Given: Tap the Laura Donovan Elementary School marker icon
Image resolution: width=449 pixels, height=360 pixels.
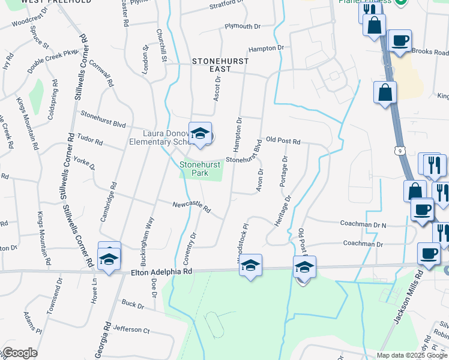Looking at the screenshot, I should pos(200,134).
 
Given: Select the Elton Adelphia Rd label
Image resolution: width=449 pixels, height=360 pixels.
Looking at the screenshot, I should pos(161,272).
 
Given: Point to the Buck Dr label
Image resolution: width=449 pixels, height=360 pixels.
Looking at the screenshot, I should pos(133,305).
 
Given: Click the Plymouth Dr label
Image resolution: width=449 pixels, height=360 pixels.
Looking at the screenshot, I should pos(243,26).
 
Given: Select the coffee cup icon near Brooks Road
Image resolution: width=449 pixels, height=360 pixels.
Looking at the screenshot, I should pos(399,41).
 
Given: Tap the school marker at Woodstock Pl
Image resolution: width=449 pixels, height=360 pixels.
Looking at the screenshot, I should pos(250,266).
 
